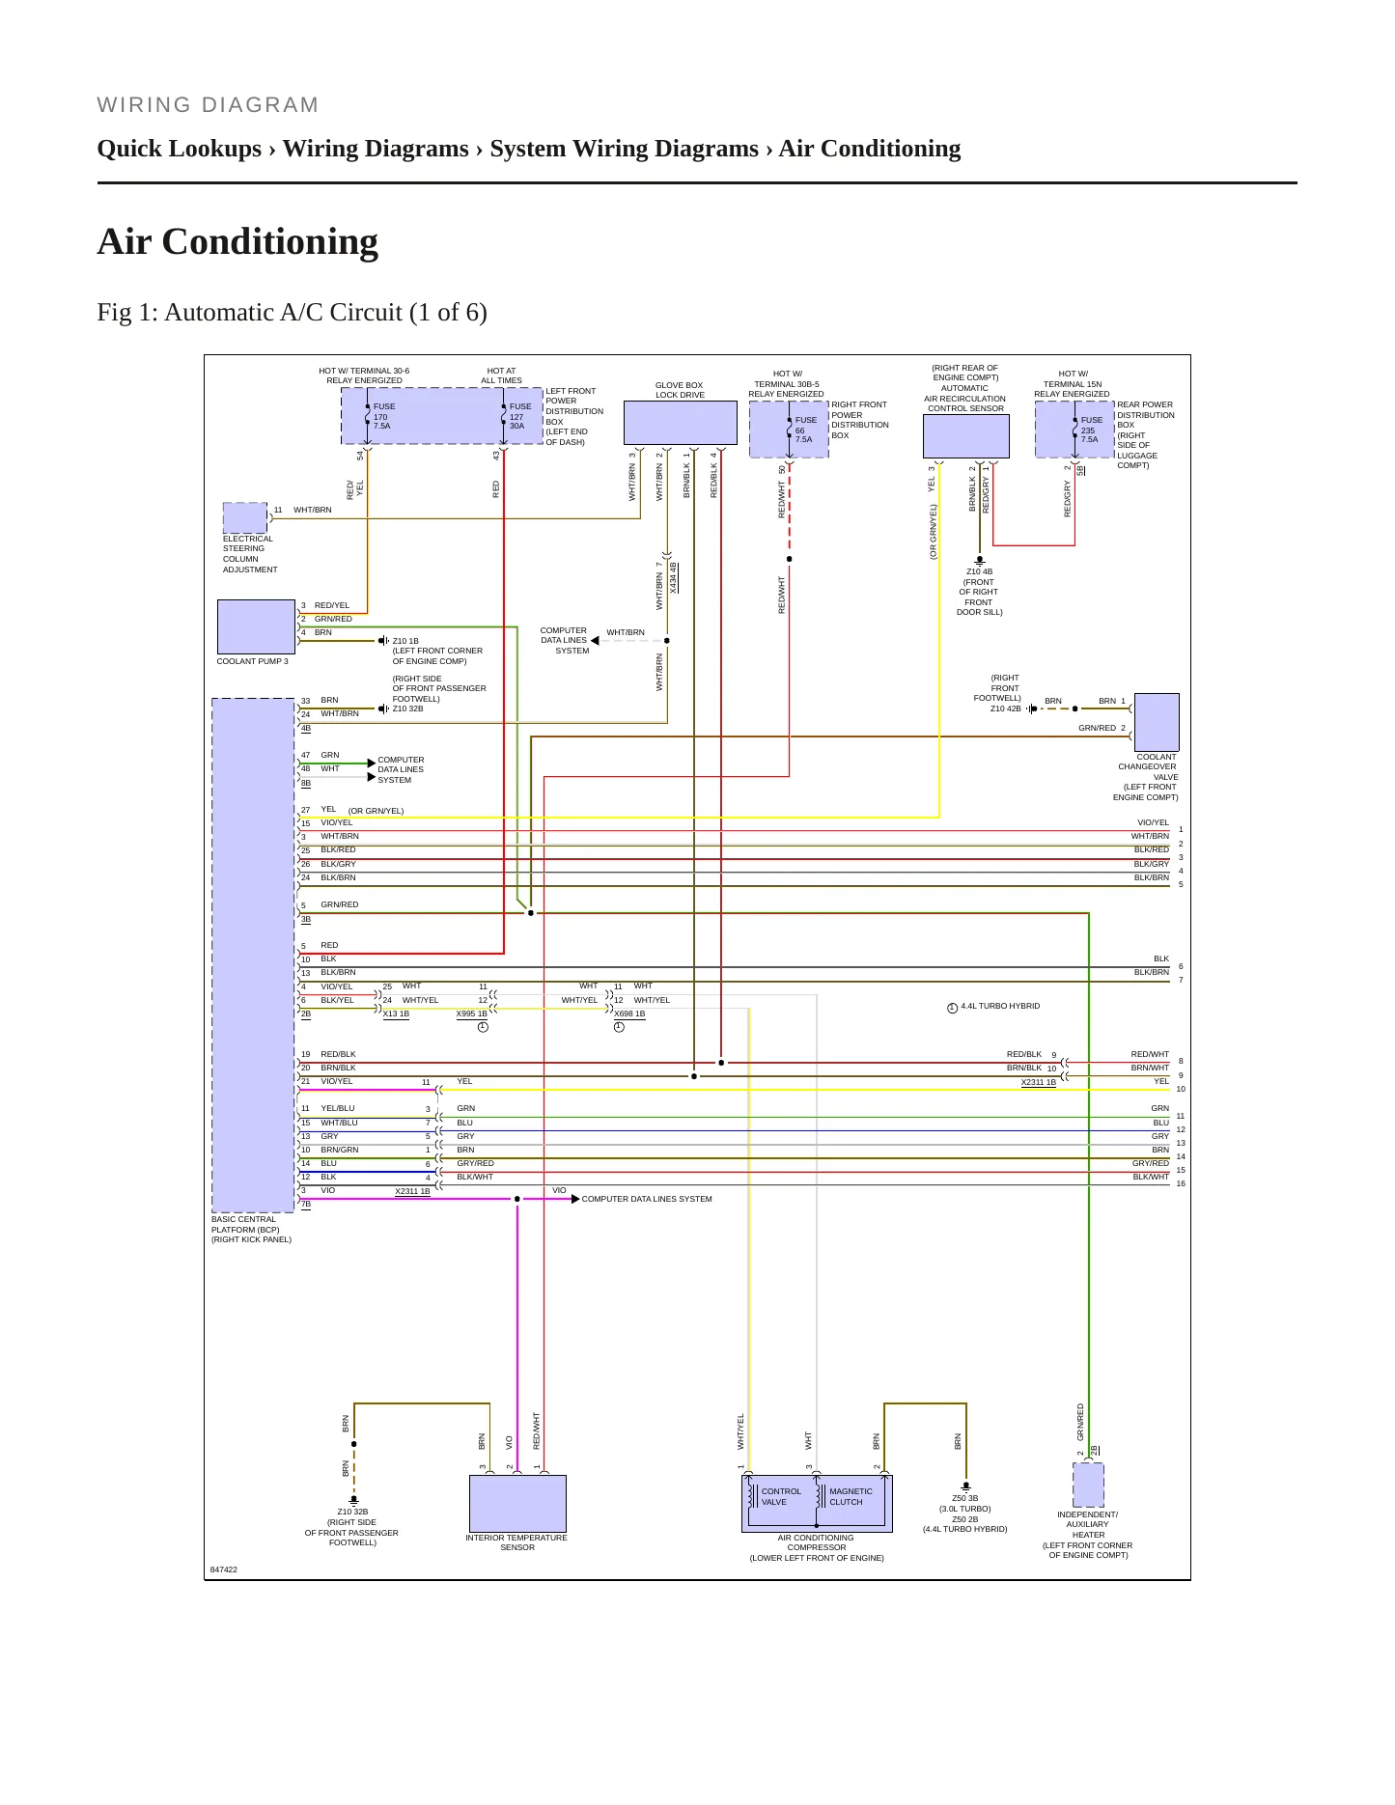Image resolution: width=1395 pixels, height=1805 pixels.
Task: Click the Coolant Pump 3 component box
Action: [x=256, y=626]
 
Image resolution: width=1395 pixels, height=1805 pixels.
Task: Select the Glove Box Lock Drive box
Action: [x=680, y=423]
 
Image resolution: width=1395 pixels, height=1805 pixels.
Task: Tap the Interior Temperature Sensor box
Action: [x=517, y=1503]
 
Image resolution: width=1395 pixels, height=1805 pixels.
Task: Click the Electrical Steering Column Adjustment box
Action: [x=245, y=518]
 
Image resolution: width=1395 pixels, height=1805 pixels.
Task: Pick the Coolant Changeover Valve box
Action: [x=1157, y=722]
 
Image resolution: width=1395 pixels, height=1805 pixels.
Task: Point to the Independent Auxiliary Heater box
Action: [x=1088, y=1485]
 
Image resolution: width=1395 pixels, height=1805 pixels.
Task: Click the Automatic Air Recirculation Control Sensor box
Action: [x=965, y=436]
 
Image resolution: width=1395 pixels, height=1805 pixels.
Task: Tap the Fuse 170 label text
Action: [x=383, y=416]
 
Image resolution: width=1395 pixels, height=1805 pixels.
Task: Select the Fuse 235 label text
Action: [x=1091, y=430]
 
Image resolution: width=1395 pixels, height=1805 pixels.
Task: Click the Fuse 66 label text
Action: [x=805, y=430]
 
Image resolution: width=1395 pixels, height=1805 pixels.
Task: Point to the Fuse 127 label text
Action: [x=520, y=416]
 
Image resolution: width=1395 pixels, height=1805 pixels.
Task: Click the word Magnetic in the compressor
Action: [x=851, y=1491]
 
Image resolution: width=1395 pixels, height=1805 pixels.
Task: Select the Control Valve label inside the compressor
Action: [x=781, y=1497]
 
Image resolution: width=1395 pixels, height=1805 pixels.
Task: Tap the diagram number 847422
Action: [x=224, y=1569]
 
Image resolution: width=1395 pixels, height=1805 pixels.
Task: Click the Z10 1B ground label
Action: [x=405, y=641]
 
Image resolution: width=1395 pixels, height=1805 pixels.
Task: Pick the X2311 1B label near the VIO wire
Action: [x=412, y=1191]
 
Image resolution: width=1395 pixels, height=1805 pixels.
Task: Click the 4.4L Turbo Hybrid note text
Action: [x=1000, y=1006]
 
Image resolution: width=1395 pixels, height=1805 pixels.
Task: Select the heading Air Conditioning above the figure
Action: [x=237, y=241]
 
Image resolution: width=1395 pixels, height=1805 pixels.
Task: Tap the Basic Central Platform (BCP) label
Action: [x=251, y=1230]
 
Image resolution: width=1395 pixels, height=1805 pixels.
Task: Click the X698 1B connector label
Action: [x=629, y=1014]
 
